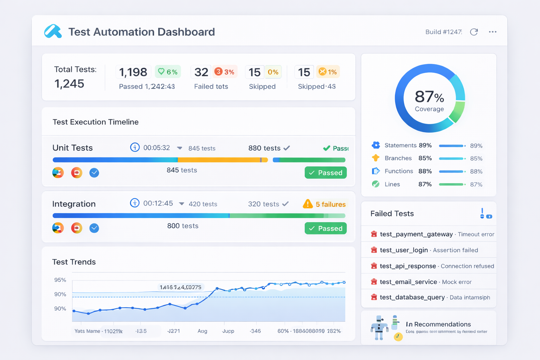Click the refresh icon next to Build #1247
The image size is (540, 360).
pyautogui.click(x=474, y=32)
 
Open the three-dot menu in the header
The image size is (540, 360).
pyautogui.click(x=493, y=32)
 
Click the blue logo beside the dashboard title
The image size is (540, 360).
pyautogui.click(x=53, y=31)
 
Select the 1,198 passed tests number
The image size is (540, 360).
pyautogui.click(x=133, y=72)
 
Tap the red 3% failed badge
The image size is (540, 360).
pyautogui.click(x=225, y=72)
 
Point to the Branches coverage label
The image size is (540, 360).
pyautogui.click(x=398, y=158)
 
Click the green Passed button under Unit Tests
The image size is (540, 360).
pyautogui.click(x=326, y=173)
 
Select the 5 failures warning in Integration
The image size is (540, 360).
pyautogui.click(x=324, y=204)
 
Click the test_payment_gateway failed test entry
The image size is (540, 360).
pyautogui.click(x=416, y=234)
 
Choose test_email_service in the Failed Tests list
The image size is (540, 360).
pyautogui.click(x=408, y=282)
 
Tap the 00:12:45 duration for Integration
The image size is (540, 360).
pyautogui.click(x=158, y=204)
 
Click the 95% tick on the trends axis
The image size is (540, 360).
pyautogui.click(x=60, y=280)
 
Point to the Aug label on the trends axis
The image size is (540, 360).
pyautogui.click(x=202, y=331)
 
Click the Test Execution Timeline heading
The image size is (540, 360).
pyautogui.click(x=96, y=122)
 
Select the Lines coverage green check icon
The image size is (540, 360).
pyautogui.click(x=376, y=184)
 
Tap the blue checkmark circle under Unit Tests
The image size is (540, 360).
pyautogui.click(x=94, y=173)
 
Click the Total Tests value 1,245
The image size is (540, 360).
pyautogui.click(x=69, y=84)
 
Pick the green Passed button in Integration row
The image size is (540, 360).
pyautogui.click(x=326, y=229)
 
